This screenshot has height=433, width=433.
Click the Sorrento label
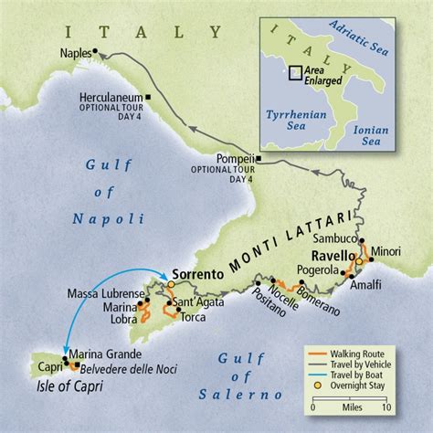point(196,272)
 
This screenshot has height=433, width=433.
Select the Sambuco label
point(330,236)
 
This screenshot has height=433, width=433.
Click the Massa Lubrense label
point(101,292)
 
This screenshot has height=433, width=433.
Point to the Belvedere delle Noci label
point(126,367)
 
